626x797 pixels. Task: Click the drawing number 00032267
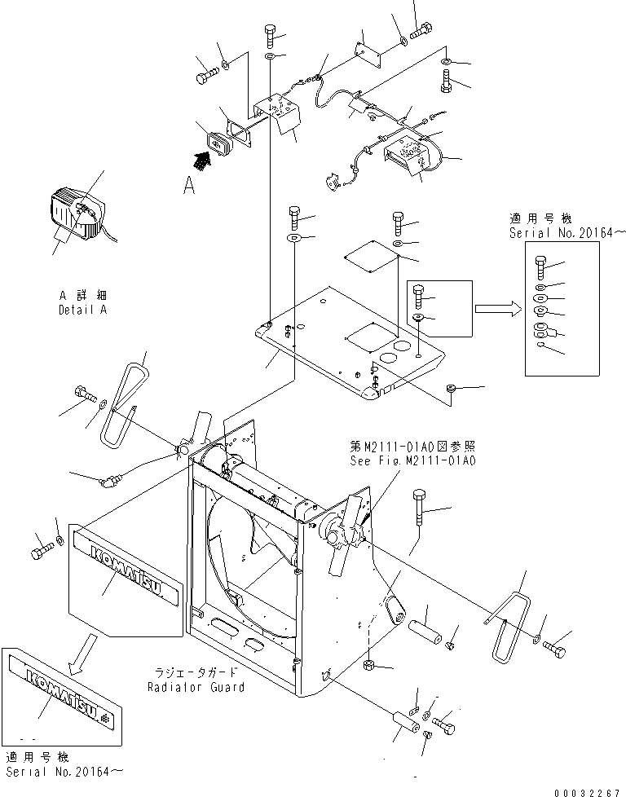pos(584,790)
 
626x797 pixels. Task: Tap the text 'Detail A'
pos(82,310)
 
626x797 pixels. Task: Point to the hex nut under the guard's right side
pos(369,666)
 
